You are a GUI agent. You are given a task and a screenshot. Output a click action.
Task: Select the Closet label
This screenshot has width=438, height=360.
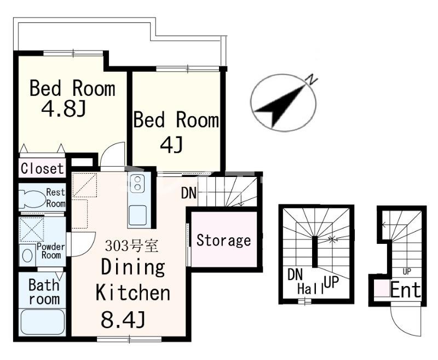[x=43, y=169]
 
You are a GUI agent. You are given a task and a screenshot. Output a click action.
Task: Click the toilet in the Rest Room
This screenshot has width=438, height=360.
[x=33, y=199]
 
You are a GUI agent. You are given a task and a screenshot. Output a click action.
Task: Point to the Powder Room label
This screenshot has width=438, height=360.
[x=50, y=251]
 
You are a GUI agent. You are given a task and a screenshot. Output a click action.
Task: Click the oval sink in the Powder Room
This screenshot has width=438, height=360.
[x=27, y=256]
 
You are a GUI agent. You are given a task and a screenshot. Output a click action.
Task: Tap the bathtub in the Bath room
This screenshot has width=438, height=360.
[x=43, y=322]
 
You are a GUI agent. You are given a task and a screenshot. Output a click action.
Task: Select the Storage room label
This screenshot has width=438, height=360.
[x=223, y=241]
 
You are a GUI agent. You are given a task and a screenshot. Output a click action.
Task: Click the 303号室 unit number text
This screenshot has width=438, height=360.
[x=132, y=246]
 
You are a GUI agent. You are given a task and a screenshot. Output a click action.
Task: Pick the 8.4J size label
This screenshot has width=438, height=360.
[x=123, y=320]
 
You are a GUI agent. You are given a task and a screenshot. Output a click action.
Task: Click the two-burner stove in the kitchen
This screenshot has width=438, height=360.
[x=137, y=184]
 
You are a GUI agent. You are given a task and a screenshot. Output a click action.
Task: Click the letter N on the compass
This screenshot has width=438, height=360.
[x=312, y=80]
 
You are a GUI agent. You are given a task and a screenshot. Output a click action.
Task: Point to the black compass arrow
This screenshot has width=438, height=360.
[x=281, y=107]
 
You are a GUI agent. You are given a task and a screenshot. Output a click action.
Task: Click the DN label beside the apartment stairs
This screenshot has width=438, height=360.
[x=189, y=192]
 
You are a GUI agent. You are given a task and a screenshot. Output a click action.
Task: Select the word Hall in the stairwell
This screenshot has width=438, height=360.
[x=310, y=288]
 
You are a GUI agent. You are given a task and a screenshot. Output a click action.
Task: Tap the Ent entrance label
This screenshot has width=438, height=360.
[x=405, y=290]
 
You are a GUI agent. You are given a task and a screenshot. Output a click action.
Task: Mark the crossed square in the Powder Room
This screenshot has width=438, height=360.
[x=32, y=230]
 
